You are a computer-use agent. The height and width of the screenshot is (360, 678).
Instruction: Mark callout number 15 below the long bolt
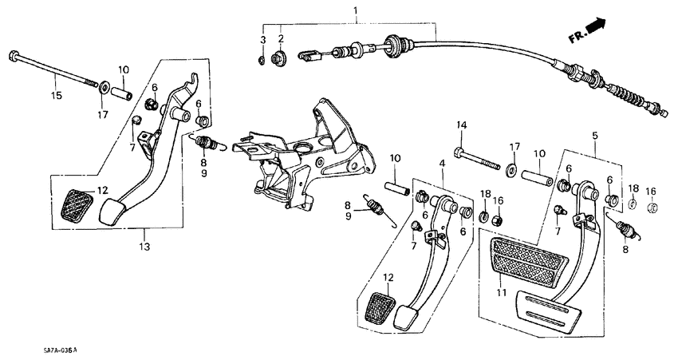click(56, 96)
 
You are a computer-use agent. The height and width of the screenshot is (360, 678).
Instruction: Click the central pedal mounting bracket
click(307, 152)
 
